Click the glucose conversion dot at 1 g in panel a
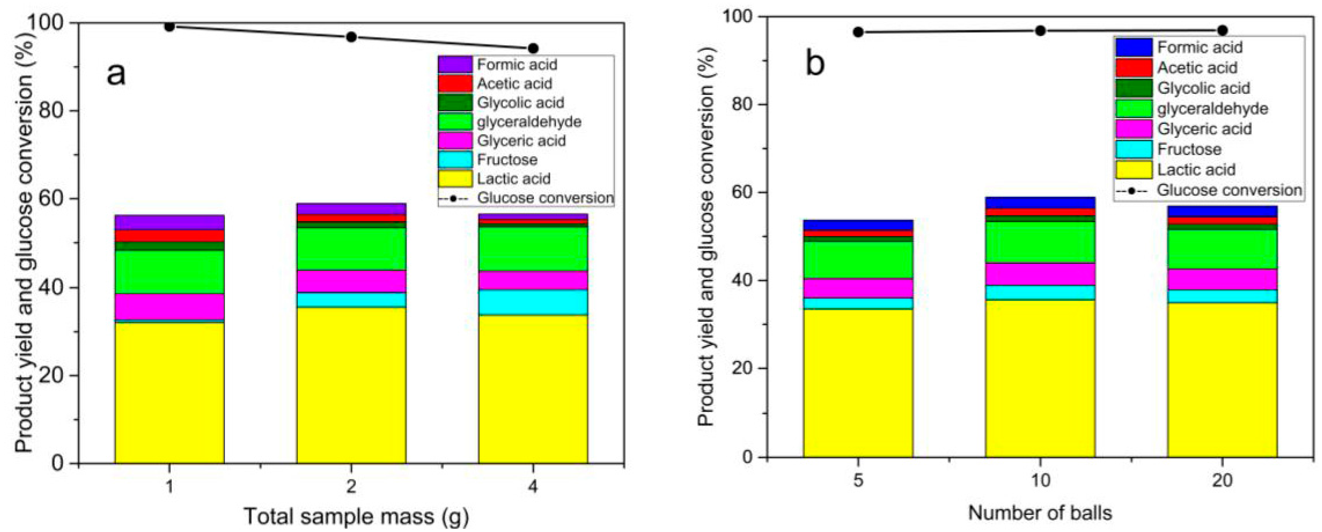169,26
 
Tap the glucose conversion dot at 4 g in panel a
533,48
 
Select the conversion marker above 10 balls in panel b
1040,31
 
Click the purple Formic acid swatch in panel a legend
455,65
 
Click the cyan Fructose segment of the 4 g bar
533,302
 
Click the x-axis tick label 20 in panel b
1222,481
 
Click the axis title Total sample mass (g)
356,516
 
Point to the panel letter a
116,73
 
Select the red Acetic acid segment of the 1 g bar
169,236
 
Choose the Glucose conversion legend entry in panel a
545,198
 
